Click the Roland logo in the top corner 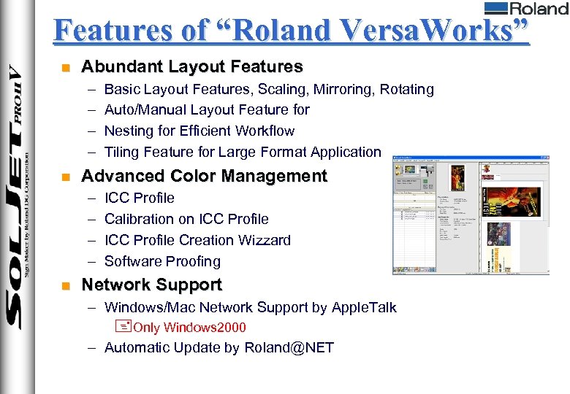click(525, 9)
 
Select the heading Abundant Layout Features click(191, 67)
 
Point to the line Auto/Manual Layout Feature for click(207, 110)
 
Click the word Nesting click(129, 131)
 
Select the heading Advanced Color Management click(204, 177)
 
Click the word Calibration click(140, 220)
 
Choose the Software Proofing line click(162, 262)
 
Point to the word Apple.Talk click(364, 308)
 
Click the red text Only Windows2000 click(189, 328)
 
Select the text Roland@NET click(289, 348)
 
